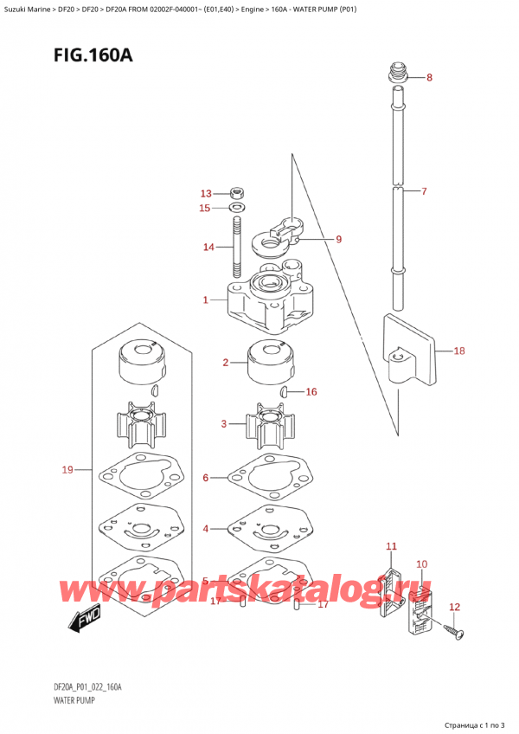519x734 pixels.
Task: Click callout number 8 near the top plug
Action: pyautogui.click(x=430, y=78)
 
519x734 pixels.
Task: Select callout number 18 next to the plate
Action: pyautogui.click(x=458, y=351)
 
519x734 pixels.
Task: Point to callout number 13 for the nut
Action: pyautogui.click(x=205, y=193)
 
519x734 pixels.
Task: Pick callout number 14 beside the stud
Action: pyautogui.click(x=208, y=248)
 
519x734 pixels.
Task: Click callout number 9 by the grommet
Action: pyautogui.click(x=338, y=239)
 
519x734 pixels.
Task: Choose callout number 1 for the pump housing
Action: pyautogui.click(x=205, y=300)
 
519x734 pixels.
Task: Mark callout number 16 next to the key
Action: pyautogui.click(x=311, y=391)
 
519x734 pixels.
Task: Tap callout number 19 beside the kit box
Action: pyautogui.click(x=67, y=470)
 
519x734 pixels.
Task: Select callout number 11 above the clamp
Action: pyautogui.click(x=391, y=546)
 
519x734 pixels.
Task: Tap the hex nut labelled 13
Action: pyautogui.click(x=236, y=193)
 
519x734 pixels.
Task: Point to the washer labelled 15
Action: pyautogui.click(x=236, y=208)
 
